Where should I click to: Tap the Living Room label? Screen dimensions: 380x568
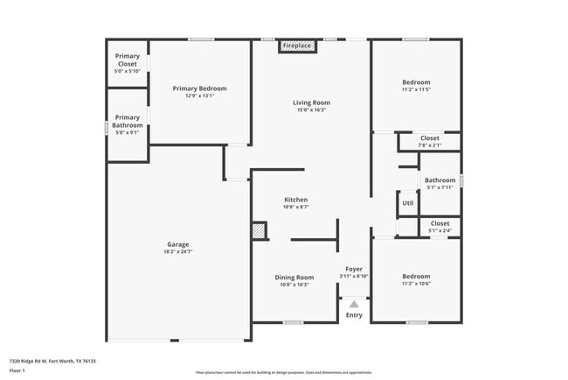pyautogui.click(x=311, y=102)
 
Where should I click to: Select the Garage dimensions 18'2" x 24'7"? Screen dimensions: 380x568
pyautogui.click(x=178, y=252)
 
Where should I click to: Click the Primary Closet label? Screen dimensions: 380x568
pyautogui.click(x=128, y=60)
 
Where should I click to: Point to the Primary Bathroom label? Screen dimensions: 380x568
pyautogui.click(x=128, y=121)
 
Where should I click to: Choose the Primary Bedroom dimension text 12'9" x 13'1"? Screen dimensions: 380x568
pyautogui.click(x=199, y=96)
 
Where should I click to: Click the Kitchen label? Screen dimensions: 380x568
pyautogui.click(x=295, y=200)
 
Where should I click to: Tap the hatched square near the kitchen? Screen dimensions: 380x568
pyautogui.click(x=259, y=230)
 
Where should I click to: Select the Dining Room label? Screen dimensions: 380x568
pyautogui.click(x=295, y=277)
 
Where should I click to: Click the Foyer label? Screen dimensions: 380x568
pyautogui.click(x=354, y=269)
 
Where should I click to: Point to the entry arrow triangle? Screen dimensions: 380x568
pyautogui.click(x=354, y=303)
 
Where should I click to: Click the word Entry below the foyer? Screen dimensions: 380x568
pyautogui.click(x=354, y=315)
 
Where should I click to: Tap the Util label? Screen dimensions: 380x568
pyautogui.click(x=407, y=203)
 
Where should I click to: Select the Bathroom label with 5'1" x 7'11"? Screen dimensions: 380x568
pyautogui.click(x=440, y=180)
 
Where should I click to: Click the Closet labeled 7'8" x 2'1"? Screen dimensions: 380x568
pyautogui.click(x=429, y=137)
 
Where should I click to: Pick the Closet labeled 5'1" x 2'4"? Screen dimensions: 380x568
pyautogui.click(x=440, y=223)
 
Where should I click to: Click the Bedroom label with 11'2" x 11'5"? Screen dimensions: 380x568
pyautogui.click(x=416, y=82)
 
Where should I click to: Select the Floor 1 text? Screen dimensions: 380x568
pyautogui.click(x=18, y=370)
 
